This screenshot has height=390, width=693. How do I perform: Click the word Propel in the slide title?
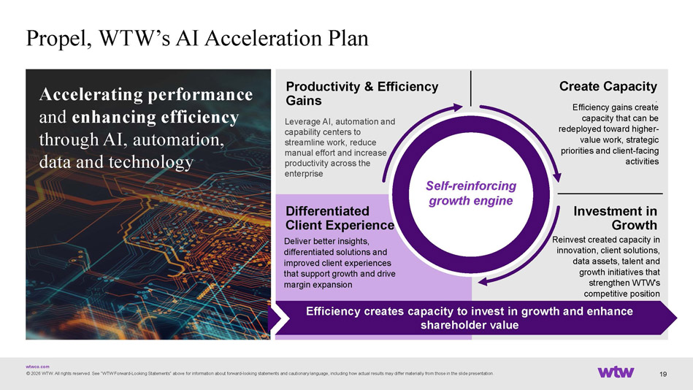coord(58,39)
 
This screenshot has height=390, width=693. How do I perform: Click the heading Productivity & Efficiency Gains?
coord(362,93)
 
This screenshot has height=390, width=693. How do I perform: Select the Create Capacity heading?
coord(608,86)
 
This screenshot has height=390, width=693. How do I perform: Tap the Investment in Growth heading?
coord(615,218)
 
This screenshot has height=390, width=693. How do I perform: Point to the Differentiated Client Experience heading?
coord(340,218)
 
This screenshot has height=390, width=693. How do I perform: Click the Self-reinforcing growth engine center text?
coord(471,194)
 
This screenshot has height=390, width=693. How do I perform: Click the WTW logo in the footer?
coord(616,372)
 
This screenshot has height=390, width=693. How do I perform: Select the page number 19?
coord(663,374)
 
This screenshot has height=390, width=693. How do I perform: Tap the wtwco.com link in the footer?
coord(37,367)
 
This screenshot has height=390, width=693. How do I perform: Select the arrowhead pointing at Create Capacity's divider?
coord(459,107)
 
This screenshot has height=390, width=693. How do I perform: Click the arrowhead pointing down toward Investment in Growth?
coord(557,177)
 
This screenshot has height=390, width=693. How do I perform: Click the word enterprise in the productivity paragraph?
coord(304,174)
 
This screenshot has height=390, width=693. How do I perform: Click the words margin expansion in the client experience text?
coord(318,285)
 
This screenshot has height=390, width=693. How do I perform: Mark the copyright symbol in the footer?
coord(28,374)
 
